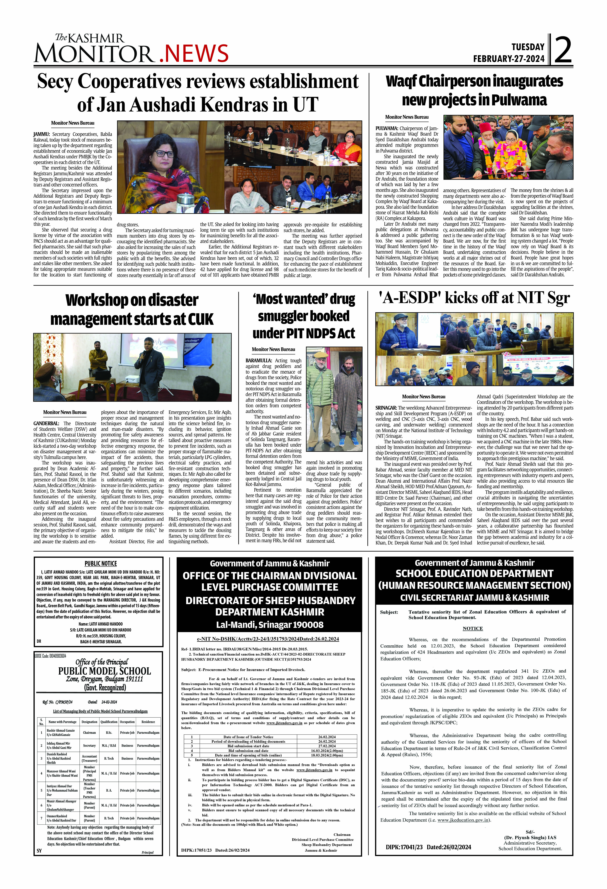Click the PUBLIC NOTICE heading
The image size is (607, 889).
[101, 564]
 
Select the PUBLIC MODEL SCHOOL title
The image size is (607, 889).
[104, 671]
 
